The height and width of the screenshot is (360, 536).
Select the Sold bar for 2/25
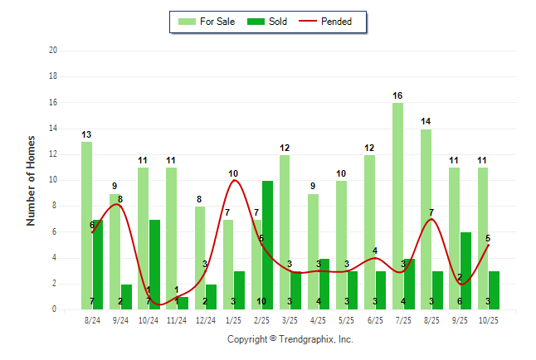pos(267,245)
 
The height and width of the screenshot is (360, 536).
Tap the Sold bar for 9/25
pos(465,270)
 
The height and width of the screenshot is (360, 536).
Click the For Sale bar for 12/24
pos(200,258)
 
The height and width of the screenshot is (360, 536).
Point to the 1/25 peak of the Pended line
pos(234,180)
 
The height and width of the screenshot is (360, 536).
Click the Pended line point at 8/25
pos(431,219)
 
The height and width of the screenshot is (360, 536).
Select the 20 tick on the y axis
pos(53,51)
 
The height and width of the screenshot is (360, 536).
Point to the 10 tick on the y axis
pos(53,180)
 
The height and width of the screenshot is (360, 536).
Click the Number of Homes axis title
pos(32,180)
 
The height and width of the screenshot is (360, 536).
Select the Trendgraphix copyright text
pos(290,339)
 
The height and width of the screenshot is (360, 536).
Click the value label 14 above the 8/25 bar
pos(426,122)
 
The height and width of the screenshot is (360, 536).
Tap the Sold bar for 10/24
pos(154,265)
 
